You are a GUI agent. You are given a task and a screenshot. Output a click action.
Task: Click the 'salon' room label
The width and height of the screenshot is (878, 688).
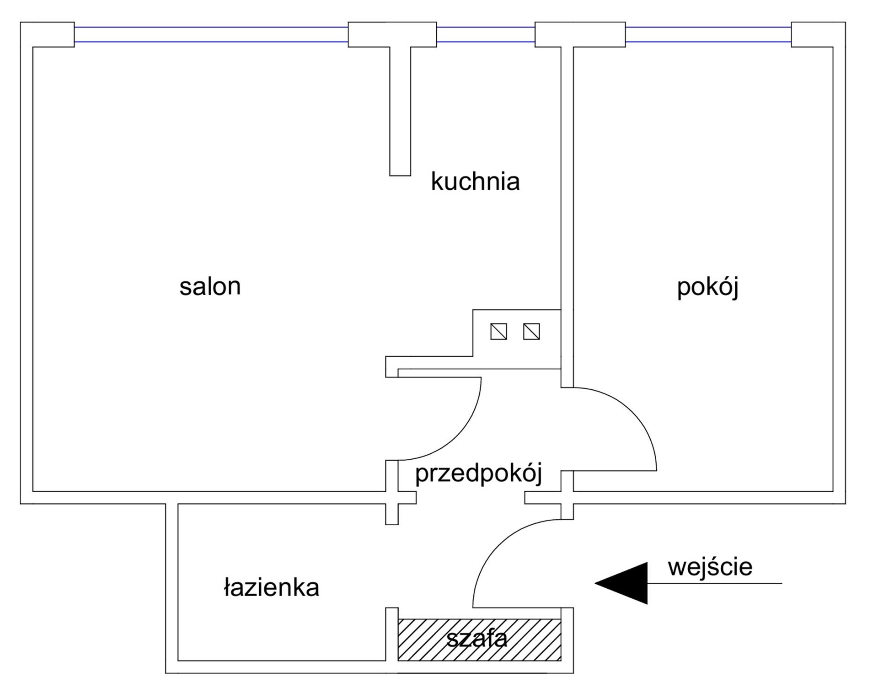pyautogui.click(x=210, y=287)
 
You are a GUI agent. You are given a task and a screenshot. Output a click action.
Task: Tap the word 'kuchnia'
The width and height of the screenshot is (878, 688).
pyautogui.click(x=475, y=181)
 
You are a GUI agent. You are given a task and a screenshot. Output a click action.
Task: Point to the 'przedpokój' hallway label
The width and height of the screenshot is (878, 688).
pyautogui.click(x=478, y=473)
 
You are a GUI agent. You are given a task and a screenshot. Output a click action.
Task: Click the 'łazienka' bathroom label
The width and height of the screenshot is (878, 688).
pyautogui.click(x=271, y=587)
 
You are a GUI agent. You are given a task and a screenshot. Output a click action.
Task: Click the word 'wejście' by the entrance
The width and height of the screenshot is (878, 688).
pyautogui.click(x=710, y=567)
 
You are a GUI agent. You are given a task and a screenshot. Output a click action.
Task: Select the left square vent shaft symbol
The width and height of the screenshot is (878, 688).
pyautogui.click(x=498, y=332)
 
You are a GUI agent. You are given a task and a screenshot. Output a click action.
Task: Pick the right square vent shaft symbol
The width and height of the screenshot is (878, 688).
pyautogui.click(x=531, y=332)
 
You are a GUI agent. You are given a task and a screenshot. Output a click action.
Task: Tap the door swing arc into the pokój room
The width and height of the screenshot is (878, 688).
pyautogui.click(x=632, y=412)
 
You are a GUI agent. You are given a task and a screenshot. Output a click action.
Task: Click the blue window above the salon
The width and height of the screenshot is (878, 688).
pyautogui.click(x=211, y=34)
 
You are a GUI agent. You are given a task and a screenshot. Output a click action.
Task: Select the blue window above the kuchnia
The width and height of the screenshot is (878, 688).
pyautogui.click(x=486, y=34)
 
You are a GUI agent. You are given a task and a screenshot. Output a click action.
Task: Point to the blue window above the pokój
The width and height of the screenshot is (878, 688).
pyautogui.click(x=708, y=34)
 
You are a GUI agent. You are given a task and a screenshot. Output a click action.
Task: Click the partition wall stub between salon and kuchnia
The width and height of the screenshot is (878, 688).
pyautogui.click(x=400, y=111)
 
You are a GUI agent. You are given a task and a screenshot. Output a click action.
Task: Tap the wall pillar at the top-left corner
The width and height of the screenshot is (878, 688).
pyautogui.click(x=47, y=34)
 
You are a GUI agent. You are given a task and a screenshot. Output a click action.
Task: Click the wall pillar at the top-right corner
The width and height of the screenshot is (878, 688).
pyautogui.click(x=819, y=34)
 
